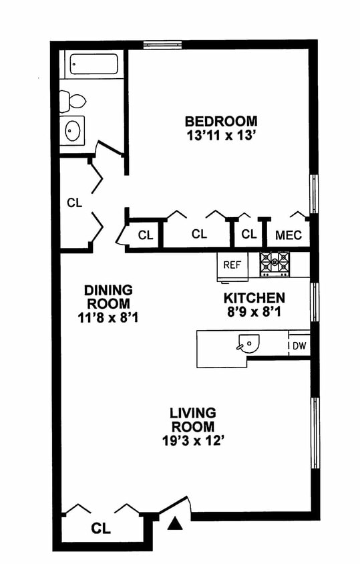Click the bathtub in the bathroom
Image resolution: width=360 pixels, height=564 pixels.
point(94,64)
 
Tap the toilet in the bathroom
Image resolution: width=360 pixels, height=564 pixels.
point(73,102)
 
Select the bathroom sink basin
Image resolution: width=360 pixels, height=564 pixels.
point(73,130)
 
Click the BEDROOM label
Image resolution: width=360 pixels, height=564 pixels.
point(221,121)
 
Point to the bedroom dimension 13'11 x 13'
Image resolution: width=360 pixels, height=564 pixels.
point(221,136)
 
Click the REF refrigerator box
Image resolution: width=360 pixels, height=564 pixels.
point(232,266)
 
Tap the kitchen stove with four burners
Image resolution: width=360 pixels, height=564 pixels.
point(275,264)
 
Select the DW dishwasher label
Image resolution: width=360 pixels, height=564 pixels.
point(299,345)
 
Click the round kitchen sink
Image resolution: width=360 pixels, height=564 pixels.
point(248,344)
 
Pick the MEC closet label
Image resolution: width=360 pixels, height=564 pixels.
point(289,235)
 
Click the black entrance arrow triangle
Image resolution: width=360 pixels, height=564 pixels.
point(175,523)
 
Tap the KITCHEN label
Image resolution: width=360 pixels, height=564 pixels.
point(254,298)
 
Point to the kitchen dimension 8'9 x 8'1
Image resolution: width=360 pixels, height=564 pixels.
point(254,312)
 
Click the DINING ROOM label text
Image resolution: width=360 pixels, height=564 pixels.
point(108,297)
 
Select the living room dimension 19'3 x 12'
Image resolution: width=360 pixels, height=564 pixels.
point(194,440)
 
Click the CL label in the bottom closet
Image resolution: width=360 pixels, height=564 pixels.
point(101,529)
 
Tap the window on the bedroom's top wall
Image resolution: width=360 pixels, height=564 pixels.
point(162,45)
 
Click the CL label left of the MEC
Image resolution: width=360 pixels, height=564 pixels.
point(249,234)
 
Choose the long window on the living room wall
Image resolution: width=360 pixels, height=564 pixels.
point(315,433)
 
